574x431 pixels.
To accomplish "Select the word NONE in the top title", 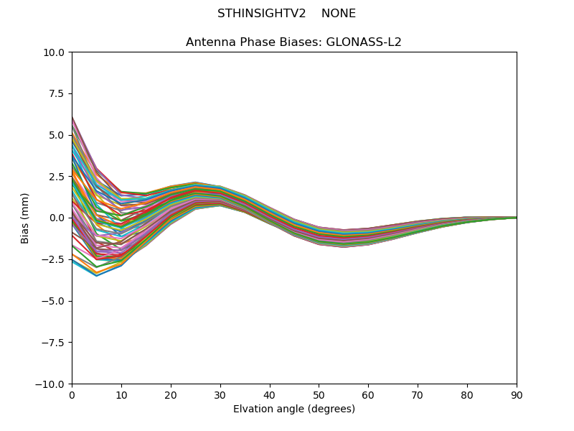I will pyautogui.click(x=339, y=14).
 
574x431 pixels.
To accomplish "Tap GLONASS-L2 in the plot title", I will pyautogui.click(x=364, y=42).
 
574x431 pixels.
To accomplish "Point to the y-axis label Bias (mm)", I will pyautogui.click(x=25, y=218).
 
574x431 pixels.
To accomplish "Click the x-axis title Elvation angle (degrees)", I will pyautogui.click(x=294, y=409).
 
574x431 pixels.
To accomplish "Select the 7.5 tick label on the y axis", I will pyautogui.click(x=57, y=94).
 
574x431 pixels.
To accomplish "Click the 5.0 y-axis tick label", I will pyautogui.click(x=57, y=135).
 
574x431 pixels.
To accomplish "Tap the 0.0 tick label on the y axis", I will pyautogui.click(x=57, y=218).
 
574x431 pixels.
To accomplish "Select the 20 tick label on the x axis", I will pyautogui.click(x=171, y=394).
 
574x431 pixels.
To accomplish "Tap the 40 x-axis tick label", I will pyautogui.click(x=270, y=394).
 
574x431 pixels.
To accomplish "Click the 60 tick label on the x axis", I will pyautogui.click(x=368, y=394).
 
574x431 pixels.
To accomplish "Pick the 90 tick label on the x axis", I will pyautogui.click(x=517, y=394).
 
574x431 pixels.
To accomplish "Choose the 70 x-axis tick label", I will pyautogui.click(x=418, y=394).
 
